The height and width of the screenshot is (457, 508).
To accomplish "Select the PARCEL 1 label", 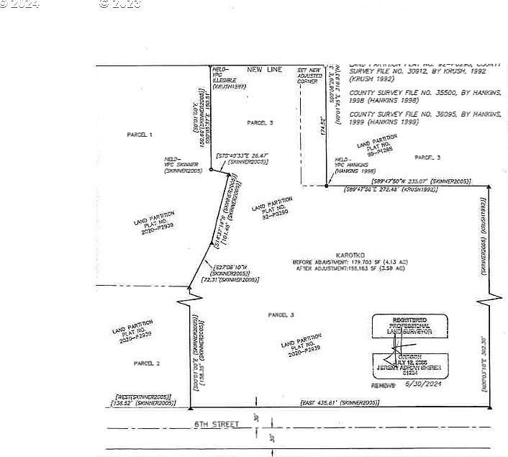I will click(x=140, y=135).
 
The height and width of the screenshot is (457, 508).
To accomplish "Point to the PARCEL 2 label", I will click(x=147, y=363).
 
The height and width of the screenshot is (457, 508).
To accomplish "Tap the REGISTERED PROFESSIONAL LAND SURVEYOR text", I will click(x=409, y=325).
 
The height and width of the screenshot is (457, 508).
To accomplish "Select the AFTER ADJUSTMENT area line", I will click(x=350, y=268).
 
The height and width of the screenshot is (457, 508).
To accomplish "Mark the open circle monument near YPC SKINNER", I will click(x=211, y=170).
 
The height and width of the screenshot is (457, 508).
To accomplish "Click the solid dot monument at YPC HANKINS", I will click(x=326, y=186).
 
